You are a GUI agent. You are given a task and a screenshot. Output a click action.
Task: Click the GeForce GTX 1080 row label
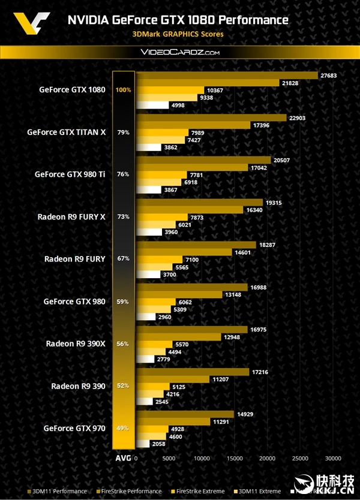coord(72,90)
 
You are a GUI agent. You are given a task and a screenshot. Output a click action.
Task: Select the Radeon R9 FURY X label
coord(71,216)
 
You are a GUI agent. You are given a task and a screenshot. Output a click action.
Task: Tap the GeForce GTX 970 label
coord(74,428)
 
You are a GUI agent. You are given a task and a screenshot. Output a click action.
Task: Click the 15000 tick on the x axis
coord(235,458)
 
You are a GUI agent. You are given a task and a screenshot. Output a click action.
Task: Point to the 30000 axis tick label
coord(333,458)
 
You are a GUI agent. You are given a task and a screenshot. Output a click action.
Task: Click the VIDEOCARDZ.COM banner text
coord(180,53)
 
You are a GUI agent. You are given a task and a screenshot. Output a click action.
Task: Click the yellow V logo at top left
coord(26,25)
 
